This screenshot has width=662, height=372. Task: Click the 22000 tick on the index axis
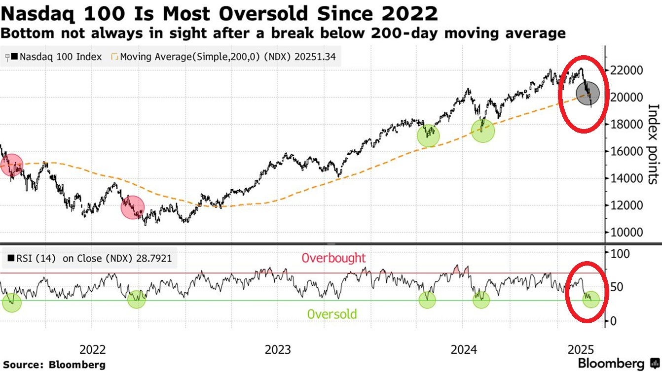628,70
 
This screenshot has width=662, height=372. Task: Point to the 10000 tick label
628,232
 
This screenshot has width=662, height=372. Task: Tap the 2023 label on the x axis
278,350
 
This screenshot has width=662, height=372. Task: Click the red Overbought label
333,258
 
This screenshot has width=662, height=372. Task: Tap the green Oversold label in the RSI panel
331,314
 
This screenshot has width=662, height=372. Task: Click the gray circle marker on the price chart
588,93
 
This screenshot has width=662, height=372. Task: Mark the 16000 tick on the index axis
628,151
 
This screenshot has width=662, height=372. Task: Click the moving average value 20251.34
315,57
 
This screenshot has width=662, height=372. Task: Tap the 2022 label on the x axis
93,350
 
